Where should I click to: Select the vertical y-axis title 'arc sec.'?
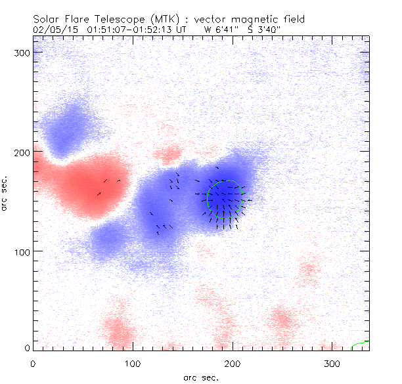coord(5,195)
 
